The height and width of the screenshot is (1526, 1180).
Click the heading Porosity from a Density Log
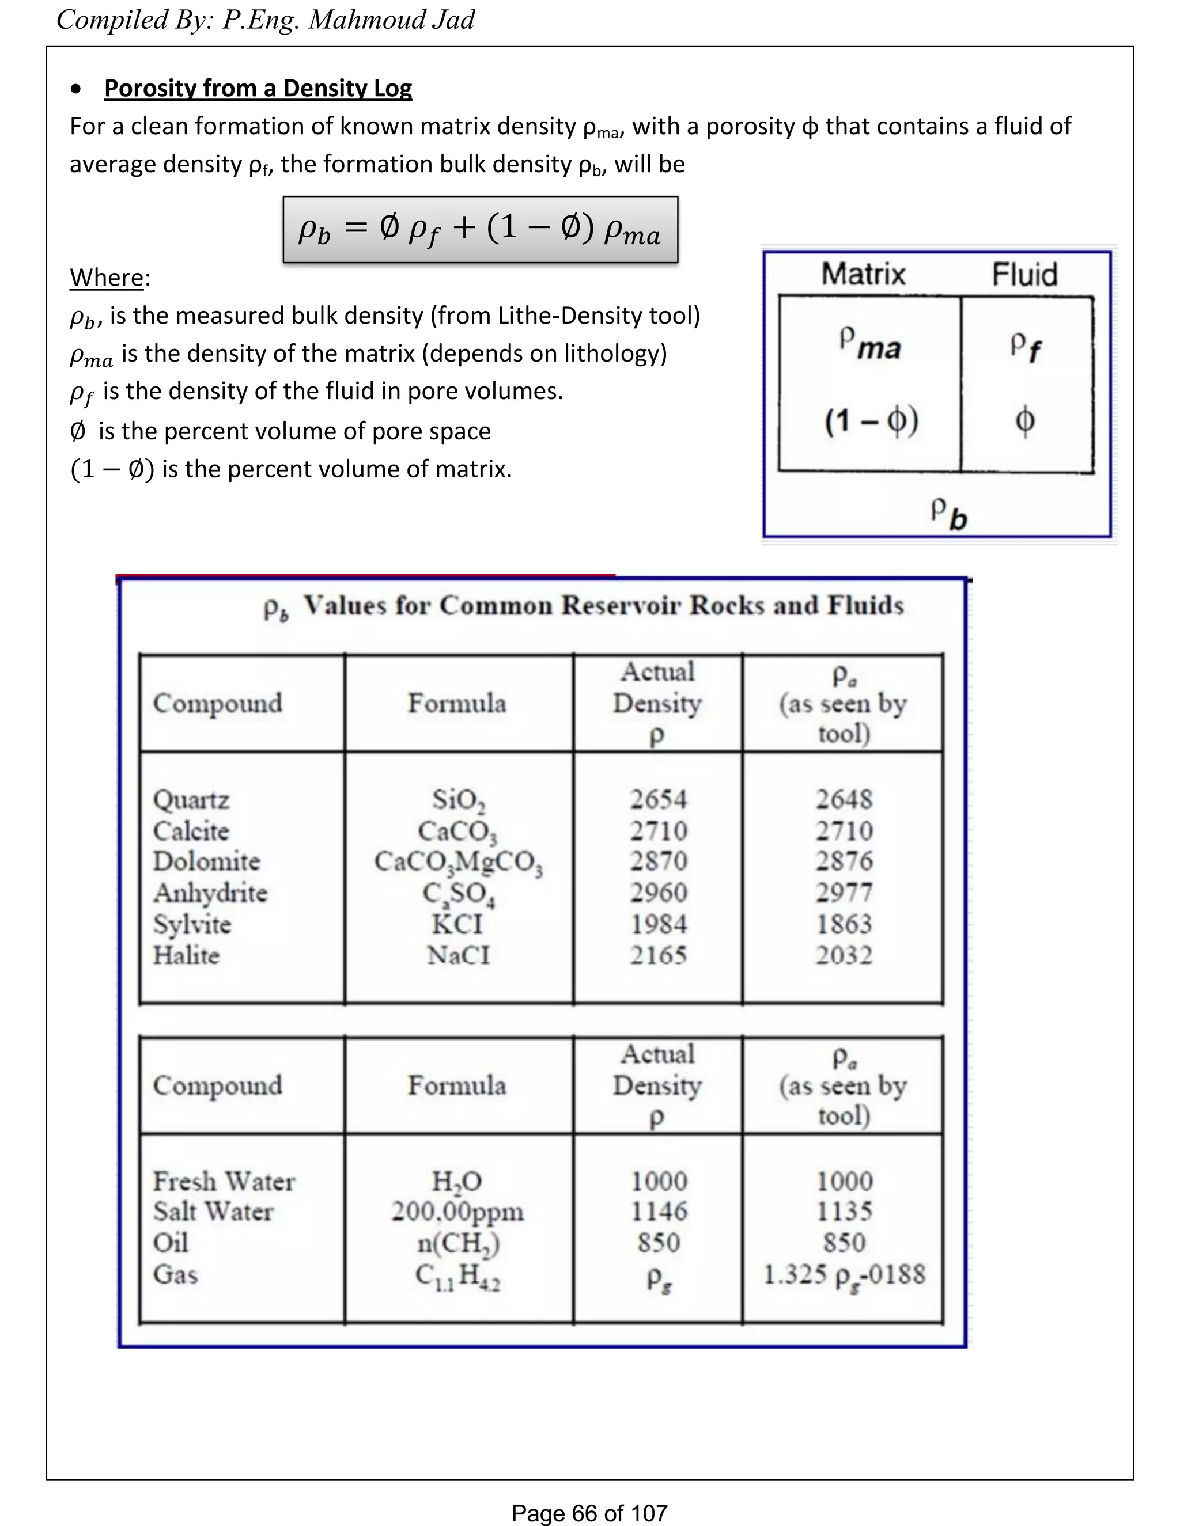[258, 89]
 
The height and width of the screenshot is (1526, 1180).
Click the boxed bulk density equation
[481, 230]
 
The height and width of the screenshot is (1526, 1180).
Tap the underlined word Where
[106, 278]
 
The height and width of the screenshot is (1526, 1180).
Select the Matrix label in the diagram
[863, 274]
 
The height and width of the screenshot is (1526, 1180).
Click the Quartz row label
[191, 799]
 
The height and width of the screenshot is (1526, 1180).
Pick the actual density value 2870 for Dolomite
[659, 861]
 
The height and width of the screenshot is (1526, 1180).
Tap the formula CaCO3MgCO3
[458, 862]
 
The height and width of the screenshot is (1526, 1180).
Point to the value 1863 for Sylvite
[844, 924]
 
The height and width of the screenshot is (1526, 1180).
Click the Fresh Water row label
[224, 1181]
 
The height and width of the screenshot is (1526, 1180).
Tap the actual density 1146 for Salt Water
[659, 1212]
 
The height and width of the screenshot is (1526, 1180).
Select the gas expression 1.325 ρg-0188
[844, 1274]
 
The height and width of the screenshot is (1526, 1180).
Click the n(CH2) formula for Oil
[458, 1243]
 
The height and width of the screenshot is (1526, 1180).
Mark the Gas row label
[176, 1274]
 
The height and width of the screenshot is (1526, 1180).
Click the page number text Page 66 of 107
[589, 1513]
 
